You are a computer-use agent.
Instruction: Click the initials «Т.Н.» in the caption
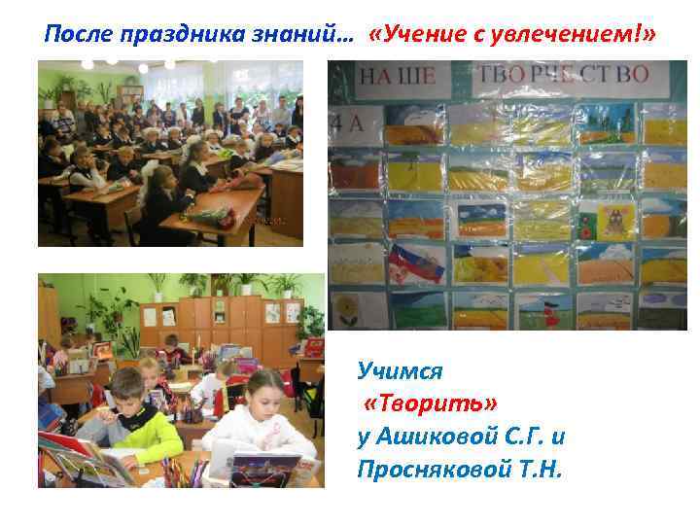(534, 470)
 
